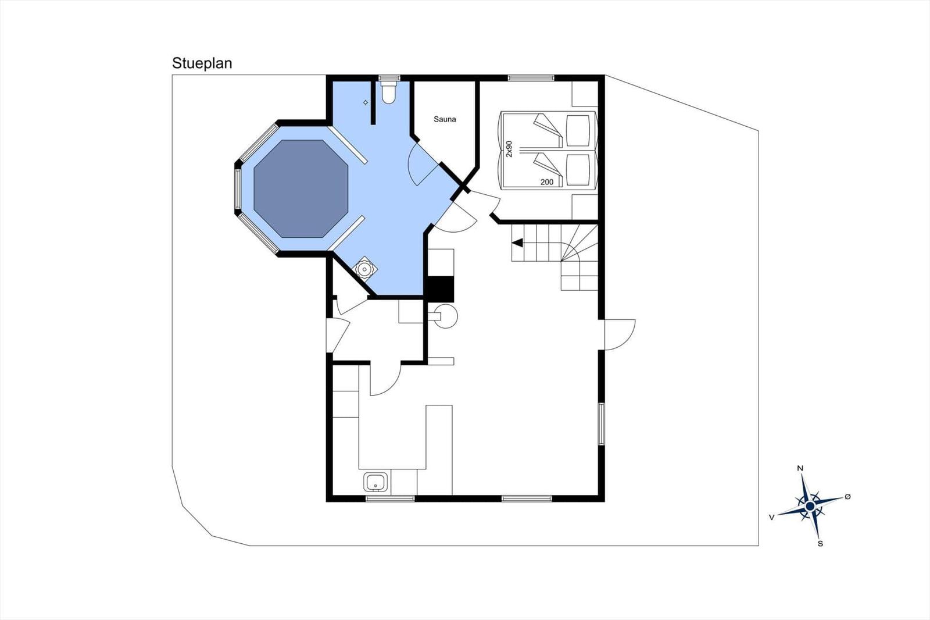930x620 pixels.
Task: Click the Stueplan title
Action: (202, 63)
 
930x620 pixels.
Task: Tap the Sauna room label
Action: (445, 119)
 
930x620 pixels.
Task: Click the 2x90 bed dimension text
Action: (509, 149)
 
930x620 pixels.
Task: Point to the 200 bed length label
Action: (547, 182)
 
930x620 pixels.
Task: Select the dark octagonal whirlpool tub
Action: (301, 188)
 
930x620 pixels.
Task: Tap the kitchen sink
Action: (375, 482)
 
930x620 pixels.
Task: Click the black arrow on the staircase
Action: (517, 243)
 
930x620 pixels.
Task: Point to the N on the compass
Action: (800, 469)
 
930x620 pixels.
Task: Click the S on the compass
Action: (820, 544)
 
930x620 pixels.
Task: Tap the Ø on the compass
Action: (848, 497)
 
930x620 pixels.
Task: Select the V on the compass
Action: (772, 518)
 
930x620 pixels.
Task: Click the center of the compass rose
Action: (810, 507)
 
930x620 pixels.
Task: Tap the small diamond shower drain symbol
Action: (366, 102)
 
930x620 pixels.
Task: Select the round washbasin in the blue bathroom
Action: (364, 269)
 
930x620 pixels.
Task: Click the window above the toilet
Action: (389, 78)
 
